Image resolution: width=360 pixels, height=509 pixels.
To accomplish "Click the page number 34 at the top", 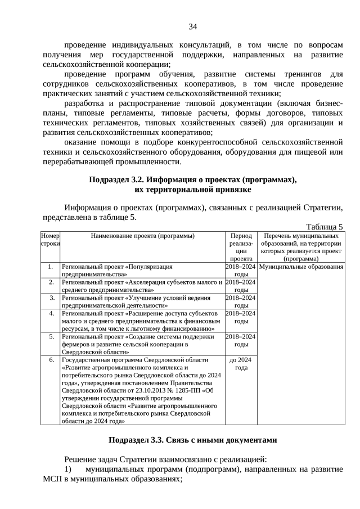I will coord(192,26).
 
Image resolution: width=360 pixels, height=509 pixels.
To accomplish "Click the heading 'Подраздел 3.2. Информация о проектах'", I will coord(192,179).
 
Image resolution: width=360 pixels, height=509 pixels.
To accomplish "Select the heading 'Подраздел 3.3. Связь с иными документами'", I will coord(193,440).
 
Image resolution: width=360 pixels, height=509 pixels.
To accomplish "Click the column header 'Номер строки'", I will coord(50,240).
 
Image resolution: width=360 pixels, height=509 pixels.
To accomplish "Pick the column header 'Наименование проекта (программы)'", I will coord(142,236).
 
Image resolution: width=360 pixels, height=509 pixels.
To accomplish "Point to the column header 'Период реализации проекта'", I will coord(241,247).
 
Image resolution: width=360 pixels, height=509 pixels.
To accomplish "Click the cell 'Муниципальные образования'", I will coord(301,267).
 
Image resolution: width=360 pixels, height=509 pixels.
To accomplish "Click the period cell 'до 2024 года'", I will coord(241,363).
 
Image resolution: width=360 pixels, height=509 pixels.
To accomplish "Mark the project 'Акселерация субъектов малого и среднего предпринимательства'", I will coord(142,286).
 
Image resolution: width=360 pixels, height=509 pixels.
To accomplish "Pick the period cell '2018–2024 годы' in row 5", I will coord(241,340).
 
